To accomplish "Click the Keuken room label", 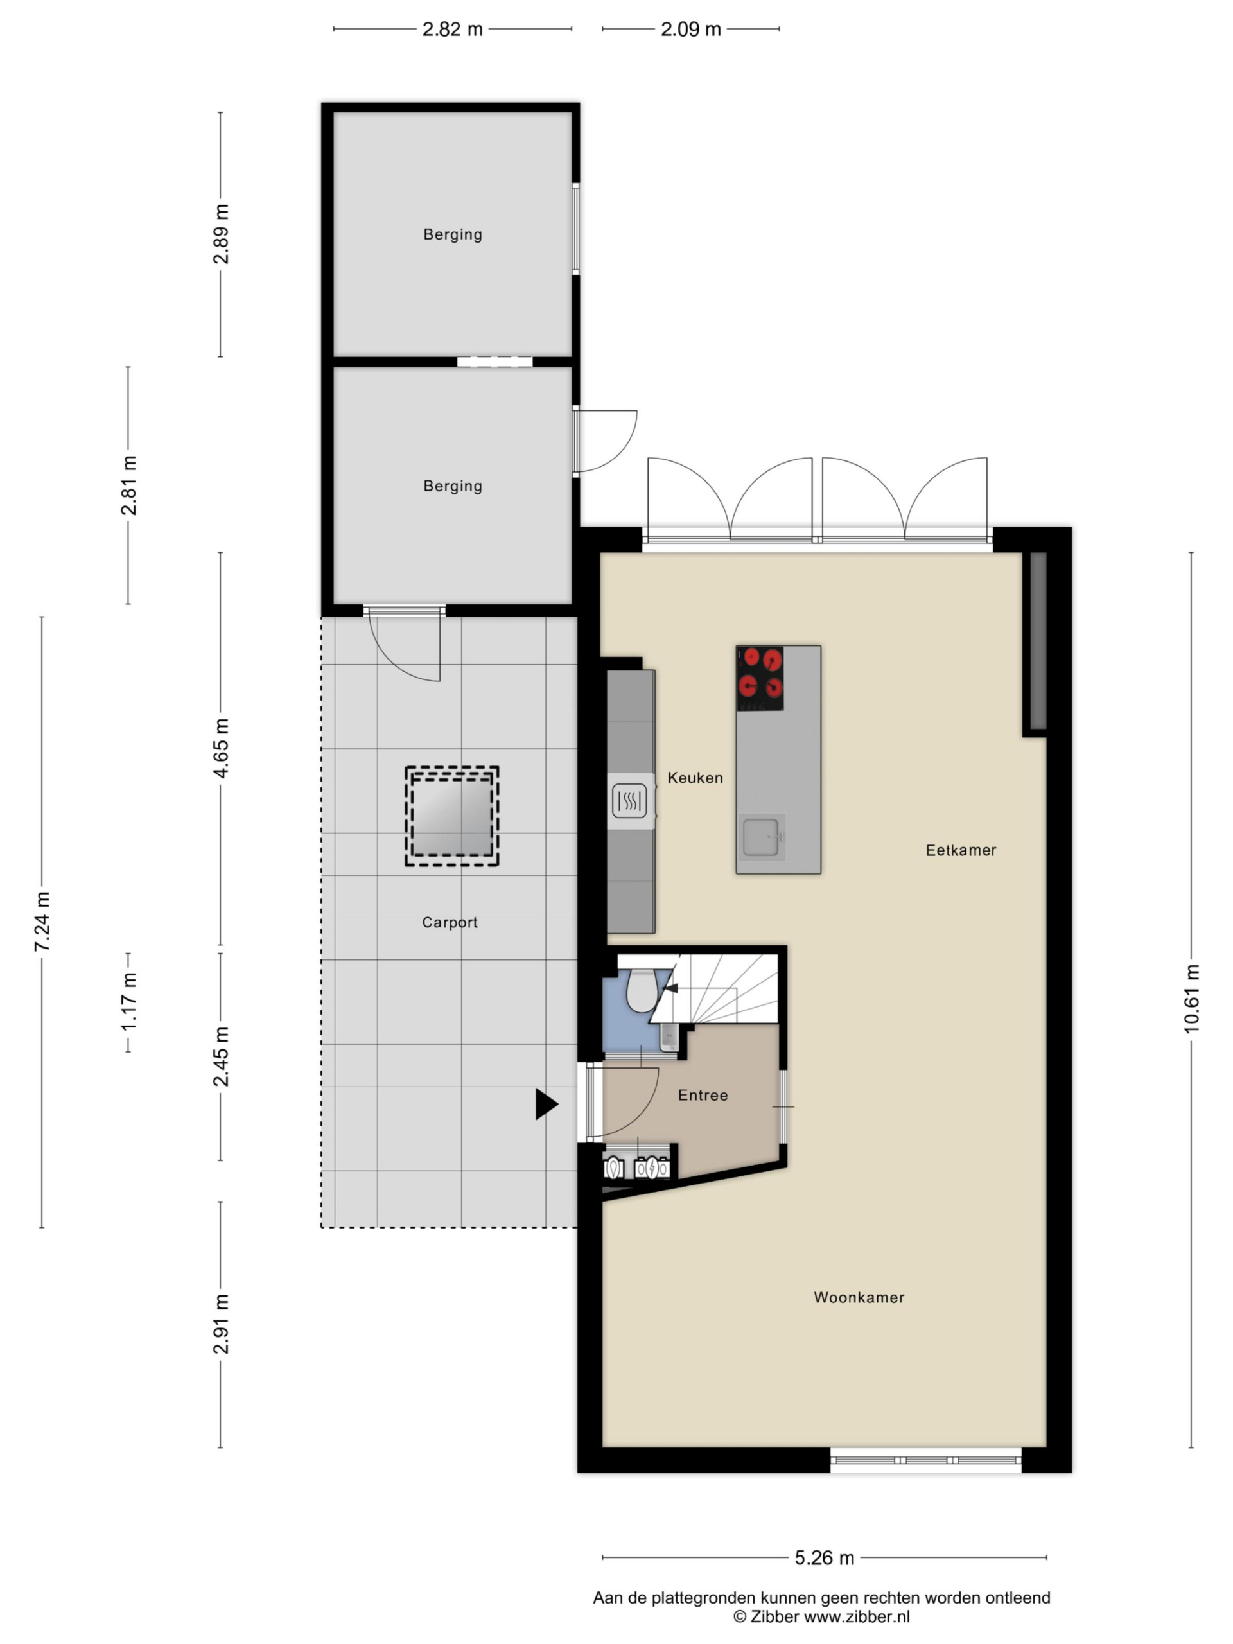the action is [694, 778].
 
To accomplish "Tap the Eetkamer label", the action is [960, 850].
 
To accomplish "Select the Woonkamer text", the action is [859, 1297].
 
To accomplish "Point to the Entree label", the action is [703, 1095].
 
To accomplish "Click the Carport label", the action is [450, 922].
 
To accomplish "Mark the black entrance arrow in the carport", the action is [547, 1104].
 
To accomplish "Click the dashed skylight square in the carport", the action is [452, 816].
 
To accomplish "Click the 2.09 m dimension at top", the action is [690, 29].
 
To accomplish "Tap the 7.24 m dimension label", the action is [42, 922].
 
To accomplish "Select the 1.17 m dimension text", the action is [128, 1001].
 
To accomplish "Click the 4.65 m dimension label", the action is [221, 747].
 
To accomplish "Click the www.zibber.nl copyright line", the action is [821, 1616].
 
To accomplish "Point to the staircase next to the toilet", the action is [717, 988].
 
